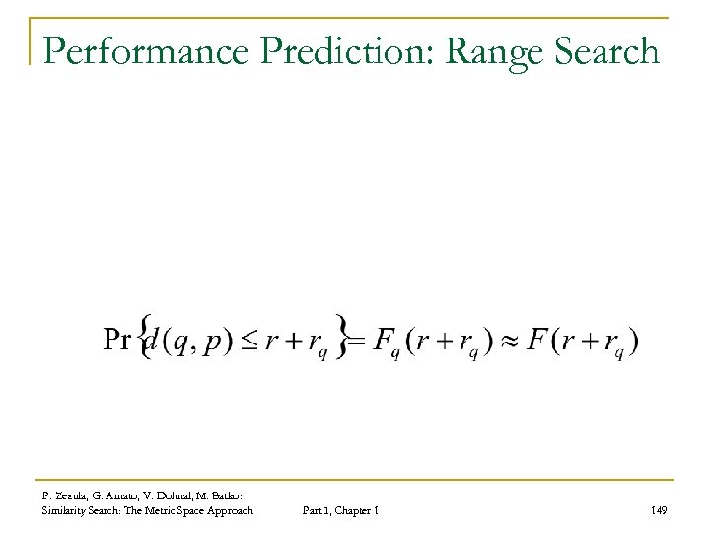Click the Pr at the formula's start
point(115,341)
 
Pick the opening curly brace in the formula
point(148,337)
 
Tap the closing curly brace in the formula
point(342,337)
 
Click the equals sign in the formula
point(355,342)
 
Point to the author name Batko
point(234,493)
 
